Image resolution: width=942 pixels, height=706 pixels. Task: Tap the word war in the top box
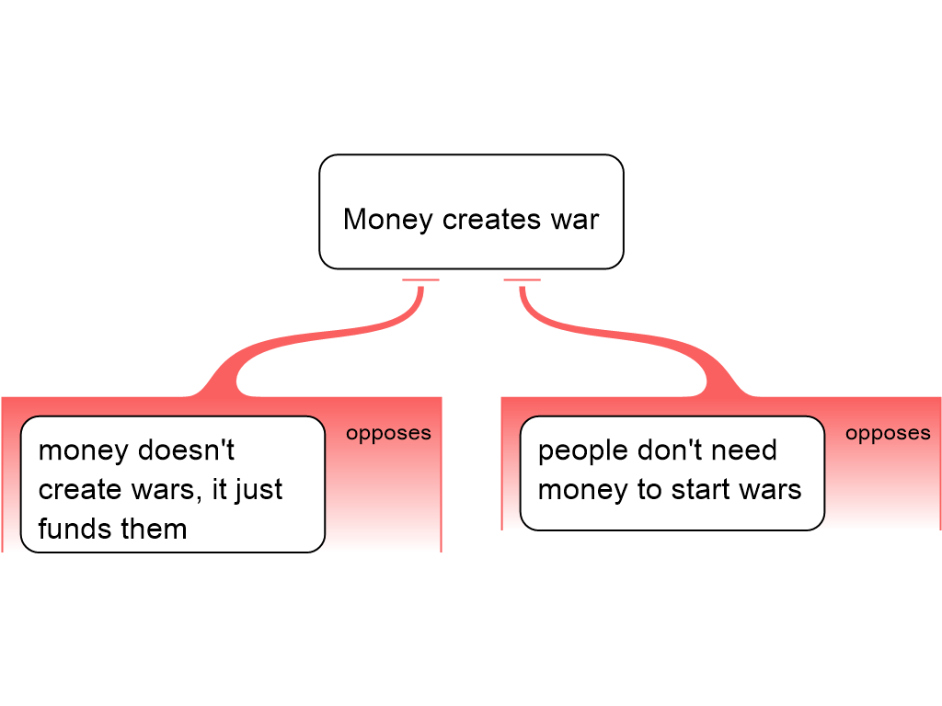click(x=576, y=221)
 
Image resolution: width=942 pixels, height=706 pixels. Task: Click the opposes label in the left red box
click(x=388, y=433)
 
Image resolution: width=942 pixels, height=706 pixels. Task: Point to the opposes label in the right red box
click(x=888, y=433)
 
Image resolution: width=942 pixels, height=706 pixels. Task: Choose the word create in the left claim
click(x=80, y=490)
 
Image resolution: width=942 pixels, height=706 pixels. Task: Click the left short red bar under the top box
click(x=420, y=279)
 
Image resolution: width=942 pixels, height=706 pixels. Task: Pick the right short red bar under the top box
click(x=522, y=279)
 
